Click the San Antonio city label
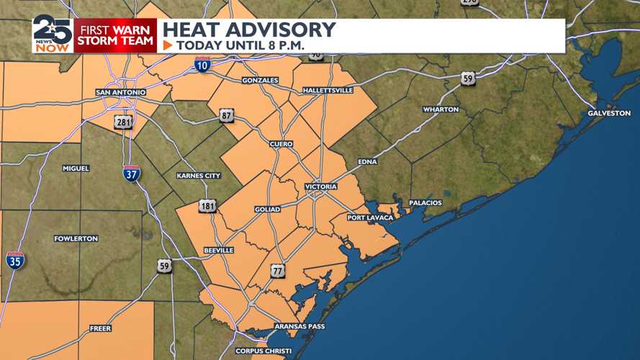(x=121, y=93)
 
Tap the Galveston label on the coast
(x=609, y=114)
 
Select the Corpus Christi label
(x=263, y=351)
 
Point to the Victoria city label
(x=320, y=187)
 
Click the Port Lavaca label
(x=370, y=217)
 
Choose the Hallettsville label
(x=328, y=91)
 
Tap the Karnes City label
(x=199, y=176)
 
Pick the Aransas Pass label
(x=300, y=327)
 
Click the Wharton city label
(x=441, y=109)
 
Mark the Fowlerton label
(x=76, y=238)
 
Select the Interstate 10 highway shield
(x=202, y=66)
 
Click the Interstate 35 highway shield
(x=15, y=260)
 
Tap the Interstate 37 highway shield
(x=131, y=174)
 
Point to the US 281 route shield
(x=124, y=122)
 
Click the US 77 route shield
(x=278, y=271)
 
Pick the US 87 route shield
(x=227, y=116)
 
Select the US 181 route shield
(x=207, y=207)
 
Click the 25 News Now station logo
(x=52, y=35)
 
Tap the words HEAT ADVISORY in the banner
(x=249, y=30)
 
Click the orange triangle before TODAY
(x=168, y=45)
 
